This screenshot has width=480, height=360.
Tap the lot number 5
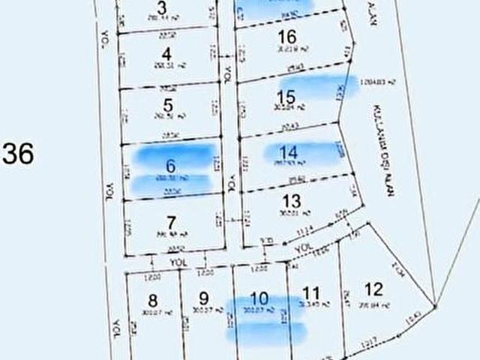tap(167, 106)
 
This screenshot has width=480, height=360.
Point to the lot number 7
tap(172, 222)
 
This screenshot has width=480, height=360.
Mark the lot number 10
tap(259, 297)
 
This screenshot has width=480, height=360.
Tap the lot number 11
tap(310, 292)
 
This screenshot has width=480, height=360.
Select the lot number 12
tap(373, 288)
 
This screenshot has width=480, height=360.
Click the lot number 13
tap(292, 201)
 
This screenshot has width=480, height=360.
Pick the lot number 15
tap(286, 97)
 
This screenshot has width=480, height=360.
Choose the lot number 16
tap(286, 37)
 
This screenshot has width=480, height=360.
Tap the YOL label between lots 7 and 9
tap(177, 262)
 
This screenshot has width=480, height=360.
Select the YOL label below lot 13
tap(302, 247)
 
